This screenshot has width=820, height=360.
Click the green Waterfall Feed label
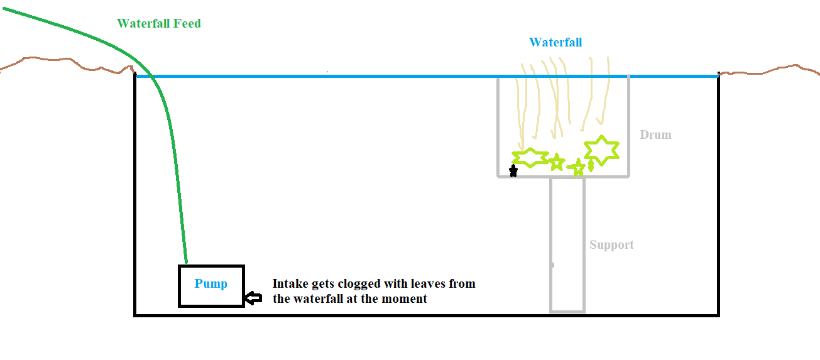pos(159,23)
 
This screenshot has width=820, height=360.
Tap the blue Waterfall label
pos(555,42)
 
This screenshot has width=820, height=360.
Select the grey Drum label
pos(655,134)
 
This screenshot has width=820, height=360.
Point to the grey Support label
pos(611,245)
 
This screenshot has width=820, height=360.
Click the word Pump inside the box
pos(210,284)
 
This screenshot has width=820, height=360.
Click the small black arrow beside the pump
pos(253,298)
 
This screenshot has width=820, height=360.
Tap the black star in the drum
pos(513,170)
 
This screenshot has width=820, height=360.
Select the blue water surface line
pos(427,77)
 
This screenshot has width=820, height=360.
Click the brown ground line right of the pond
pos(769,72)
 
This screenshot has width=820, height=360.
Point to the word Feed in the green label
pos(187,23)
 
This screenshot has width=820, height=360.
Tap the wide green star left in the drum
pos(530,158)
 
